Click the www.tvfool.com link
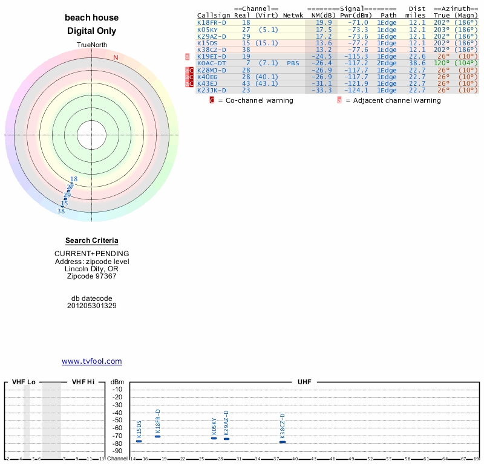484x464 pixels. click(91, 361)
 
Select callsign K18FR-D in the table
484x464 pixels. click(212, 22)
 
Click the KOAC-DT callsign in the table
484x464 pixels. click(212, 63)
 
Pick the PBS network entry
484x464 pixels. click(293, 63)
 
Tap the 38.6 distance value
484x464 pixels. click(417, 63)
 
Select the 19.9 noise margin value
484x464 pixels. click(324, 22)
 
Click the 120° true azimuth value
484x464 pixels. click(441, 63)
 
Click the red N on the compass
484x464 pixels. click(116, 57)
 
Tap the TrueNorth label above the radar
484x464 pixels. click(92, 45)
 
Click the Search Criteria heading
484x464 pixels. click(91, 240)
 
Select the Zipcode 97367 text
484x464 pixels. click(91, 276)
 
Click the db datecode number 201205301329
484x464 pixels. click(91, 306)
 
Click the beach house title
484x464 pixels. click(91, 18)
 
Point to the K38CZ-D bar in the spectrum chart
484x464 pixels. click(283, 442)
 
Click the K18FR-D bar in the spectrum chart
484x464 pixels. click(157, 436)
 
